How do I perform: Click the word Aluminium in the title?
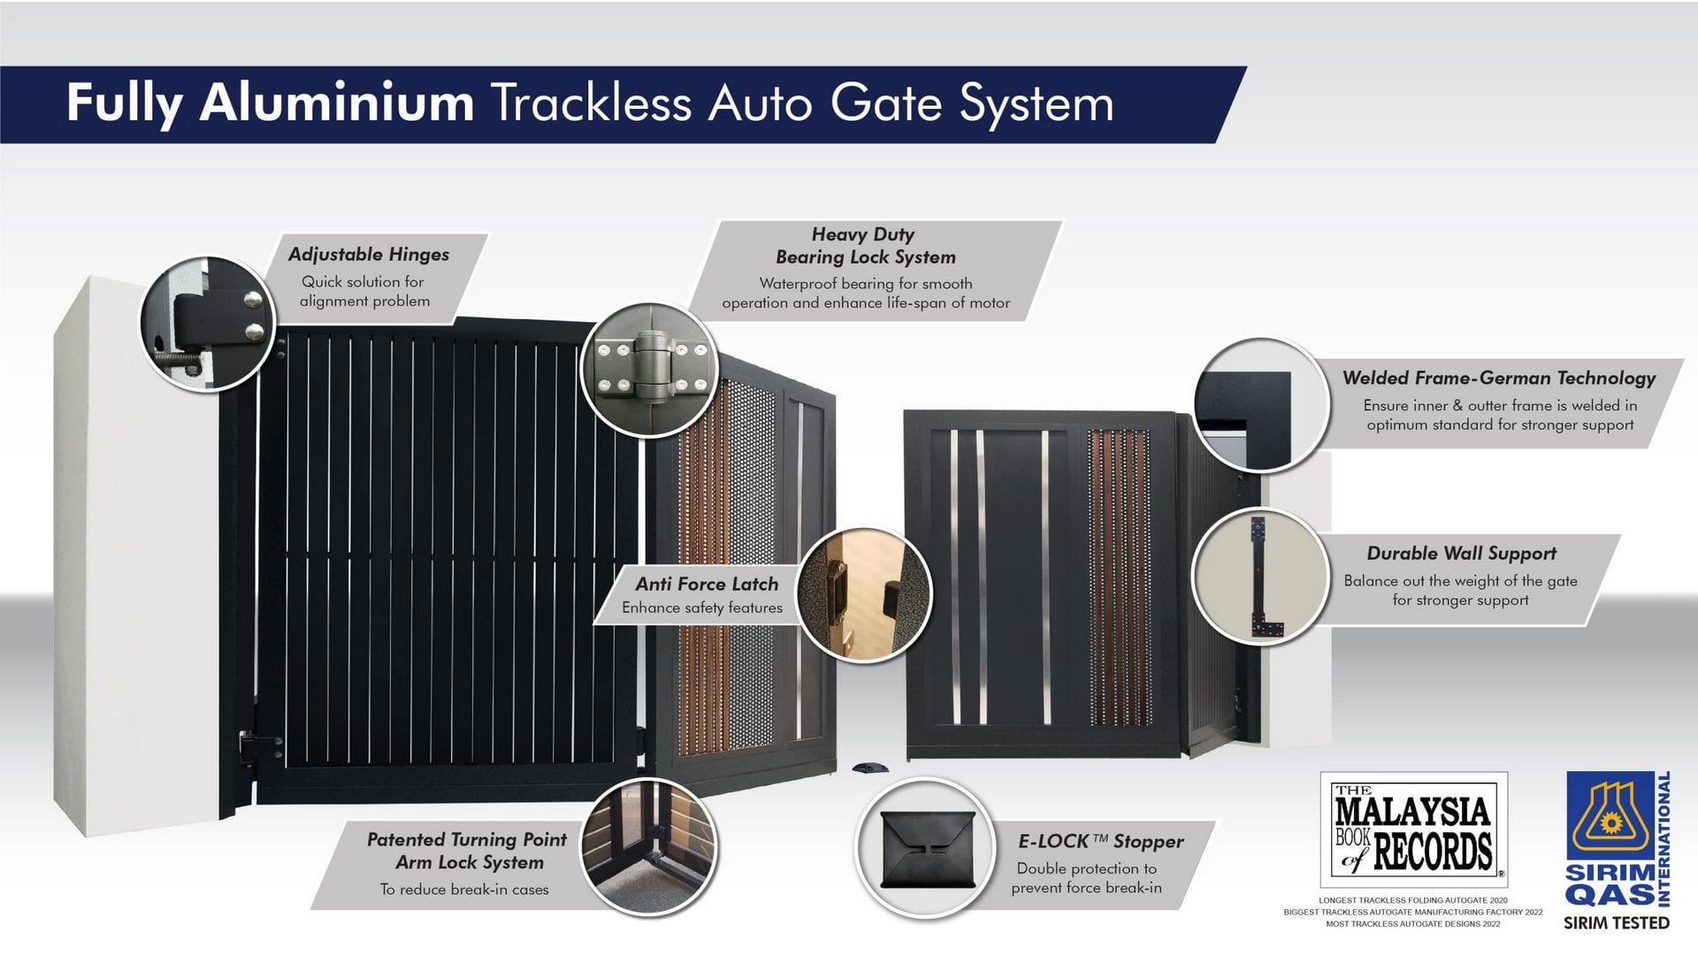pos(337,103)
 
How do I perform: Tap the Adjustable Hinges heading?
pos(369,255)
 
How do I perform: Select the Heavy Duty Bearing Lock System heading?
pos(865,246)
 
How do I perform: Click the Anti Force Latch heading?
pos(707,585)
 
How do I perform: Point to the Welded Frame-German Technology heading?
pos(1498,378)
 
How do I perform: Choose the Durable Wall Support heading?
pos(1461,554)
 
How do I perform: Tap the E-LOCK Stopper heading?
pos(1100,842)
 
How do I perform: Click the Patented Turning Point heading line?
pos(466,839)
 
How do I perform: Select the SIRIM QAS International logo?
pos(1617,839)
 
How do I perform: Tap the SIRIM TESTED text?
pos(1616,923)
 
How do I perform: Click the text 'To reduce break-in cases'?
pos(464,890)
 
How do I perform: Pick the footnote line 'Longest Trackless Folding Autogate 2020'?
pos(1412,900)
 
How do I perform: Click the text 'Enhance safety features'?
pos(702,608)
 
